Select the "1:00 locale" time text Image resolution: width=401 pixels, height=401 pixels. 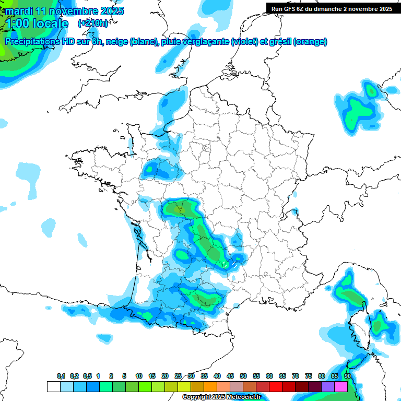pyautogui.click(x=36, y=23)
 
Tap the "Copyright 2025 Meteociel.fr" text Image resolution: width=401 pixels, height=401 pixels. pyautogui.click(x=221, y=397)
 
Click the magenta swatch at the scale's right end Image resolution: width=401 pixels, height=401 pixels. pyautogui.click(x=341, y=386)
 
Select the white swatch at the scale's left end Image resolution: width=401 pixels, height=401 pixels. pyautogui.click(x=53, y=386)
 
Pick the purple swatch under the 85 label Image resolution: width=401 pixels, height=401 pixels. pyautogui.click(x=328, y=386)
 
